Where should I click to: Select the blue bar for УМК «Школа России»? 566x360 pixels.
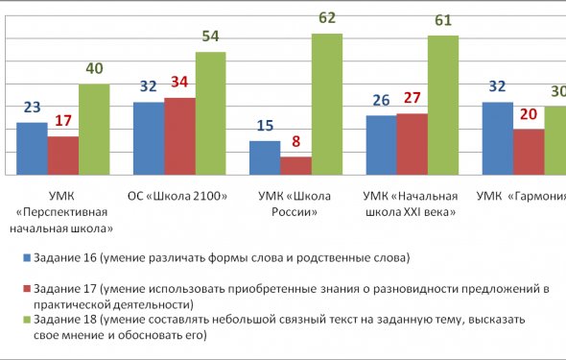tap(265, 157)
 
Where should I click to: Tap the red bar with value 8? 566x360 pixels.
tap(295, 165)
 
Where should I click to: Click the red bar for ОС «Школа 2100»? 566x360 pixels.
tap(179, 136)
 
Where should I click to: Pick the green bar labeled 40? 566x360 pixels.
tap(94, 130)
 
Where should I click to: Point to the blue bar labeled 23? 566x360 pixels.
tap(33, 149)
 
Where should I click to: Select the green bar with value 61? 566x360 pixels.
tap(443, 105)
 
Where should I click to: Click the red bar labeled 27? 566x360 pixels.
tap(412, 144)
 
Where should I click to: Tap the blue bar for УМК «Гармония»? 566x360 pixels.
tap(497, 138)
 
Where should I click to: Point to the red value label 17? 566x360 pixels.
tap(62, 122)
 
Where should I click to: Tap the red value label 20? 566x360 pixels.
tap(529, 115)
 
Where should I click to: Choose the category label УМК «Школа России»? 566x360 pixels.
tap(294, 204)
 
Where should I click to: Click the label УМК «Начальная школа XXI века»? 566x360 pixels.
tap(410, 204)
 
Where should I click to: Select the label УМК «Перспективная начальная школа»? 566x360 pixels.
tap(63, 212)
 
